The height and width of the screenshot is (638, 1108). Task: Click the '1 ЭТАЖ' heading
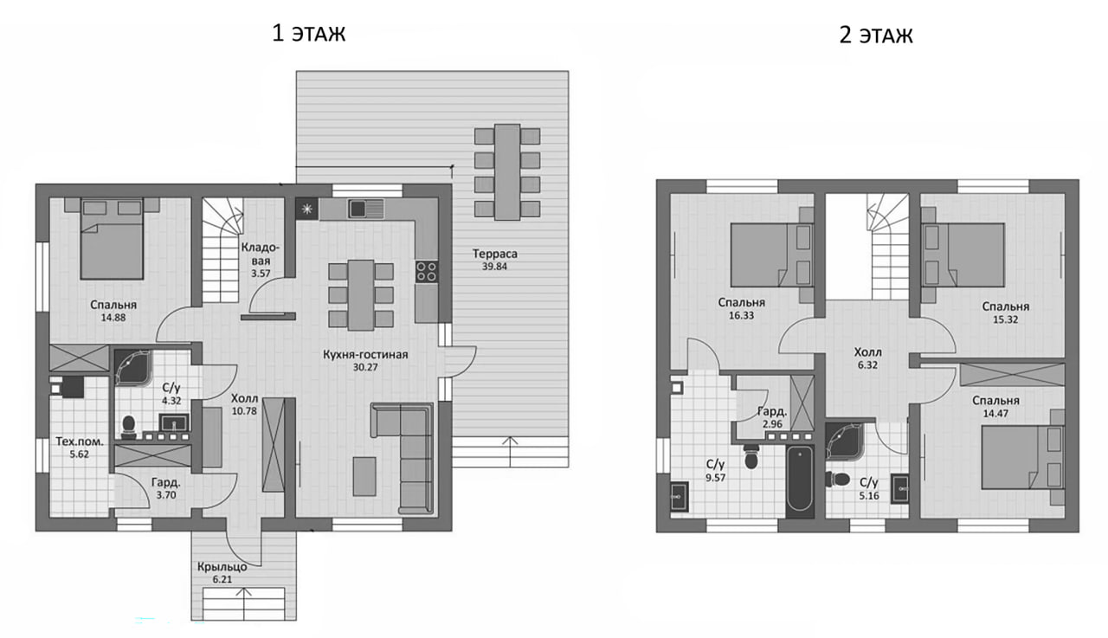309,33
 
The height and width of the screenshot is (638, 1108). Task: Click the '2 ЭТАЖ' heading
876,35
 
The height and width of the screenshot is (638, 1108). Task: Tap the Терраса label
494,254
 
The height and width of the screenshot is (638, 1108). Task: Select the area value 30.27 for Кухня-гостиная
365,367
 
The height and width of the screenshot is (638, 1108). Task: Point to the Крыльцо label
222,567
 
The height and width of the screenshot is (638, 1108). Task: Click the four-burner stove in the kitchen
427,272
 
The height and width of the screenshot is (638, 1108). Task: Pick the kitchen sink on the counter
365,209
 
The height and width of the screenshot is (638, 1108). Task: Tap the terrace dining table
507,172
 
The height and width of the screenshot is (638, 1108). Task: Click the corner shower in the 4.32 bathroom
132,368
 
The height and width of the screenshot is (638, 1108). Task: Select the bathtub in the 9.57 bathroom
800,479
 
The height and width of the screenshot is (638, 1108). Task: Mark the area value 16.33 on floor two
741,316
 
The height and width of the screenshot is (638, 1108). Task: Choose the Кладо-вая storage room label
261,254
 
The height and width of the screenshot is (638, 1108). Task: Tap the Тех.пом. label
79,441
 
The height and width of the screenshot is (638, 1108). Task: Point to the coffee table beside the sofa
364,476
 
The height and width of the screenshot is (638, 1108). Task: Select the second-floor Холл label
867,352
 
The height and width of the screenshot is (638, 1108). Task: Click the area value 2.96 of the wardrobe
772,424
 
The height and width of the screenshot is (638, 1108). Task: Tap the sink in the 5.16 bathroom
899,488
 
